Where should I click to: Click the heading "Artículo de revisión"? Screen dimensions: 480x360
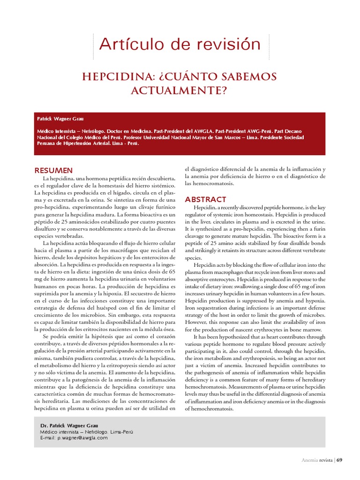pyautogui.click(x=180, y=45)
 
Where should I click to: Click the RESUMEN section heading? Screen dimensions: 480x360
pyautogui.click(x=54, y=170)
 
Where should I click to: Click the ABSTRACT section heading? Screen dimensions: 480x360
pyautogui.click(x=206, y=199)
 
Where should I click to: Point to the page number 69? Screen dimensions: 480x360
pyautogui.click(x=340, y=460)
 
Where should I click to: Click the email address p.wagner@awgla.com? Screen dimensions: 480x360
pyautogui.click(x=82, y=438)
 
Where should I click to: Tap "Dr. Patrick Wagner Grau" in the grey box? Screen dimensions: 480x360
pyautogui.click(x=69, y=426)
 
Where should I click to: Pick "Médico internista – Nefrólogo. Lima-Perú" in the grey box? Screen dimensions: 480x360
pyautogui.click(x=87, y=432)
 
